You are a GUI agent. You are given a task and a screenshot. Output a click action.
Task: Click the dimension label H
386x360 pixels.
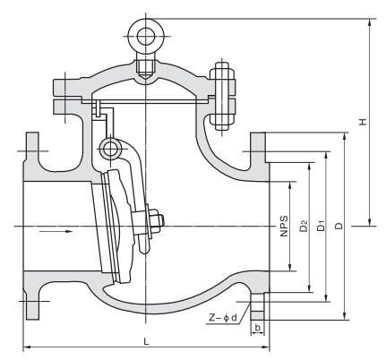(x=363, y=122)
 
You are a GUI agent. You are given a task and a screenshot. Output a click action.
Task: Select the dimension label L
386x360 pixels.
(x=146, y=341)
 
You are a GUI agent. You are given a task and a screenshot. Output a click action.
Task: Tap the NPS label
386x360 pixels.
(x=285, y=226)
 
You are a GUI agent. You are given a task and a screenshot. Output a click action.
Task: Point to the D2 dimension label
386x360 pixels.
(x=304, y=226)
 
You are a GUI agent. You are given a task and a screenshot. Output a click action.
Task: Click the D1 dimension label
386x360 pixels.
(x=321, y=226)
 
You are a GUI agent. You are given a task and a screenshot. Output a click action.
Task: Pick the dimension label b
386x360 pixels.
(x=258, y=328)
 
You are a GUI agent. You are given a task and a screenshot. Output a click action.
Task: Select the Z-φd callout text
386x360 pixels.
(x=223, y=318)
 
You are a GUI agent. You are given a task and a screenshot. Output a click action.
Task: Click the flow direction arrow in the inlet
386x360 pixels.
(x=56, y=231)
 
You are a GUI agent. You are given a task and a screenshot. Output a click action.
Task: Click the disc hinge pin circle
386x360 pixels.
(x=111, y=148)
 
